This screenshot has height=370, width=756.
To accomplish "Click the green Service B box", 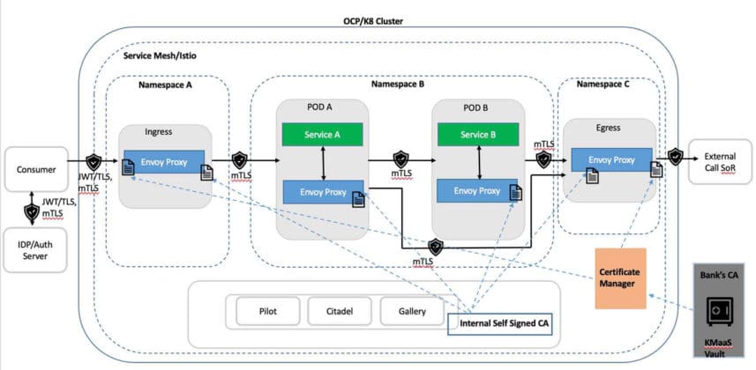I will coord(477,135).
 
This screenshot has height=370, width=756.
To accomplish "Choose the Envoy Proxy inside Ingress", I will coord(164,162).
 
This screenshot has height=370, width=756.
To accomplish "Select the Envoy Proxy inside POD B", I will coord(477,190).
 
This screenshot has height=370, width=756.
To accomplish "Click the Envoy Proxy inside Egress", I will coord(612,160).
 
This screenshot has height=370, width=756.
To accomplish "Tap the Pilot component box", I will coord(268,311).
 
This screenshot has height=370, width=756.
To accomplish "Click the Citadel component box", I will coord(340,311).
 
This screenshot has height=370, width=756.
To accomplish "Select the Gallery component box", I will coord(412,311).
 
